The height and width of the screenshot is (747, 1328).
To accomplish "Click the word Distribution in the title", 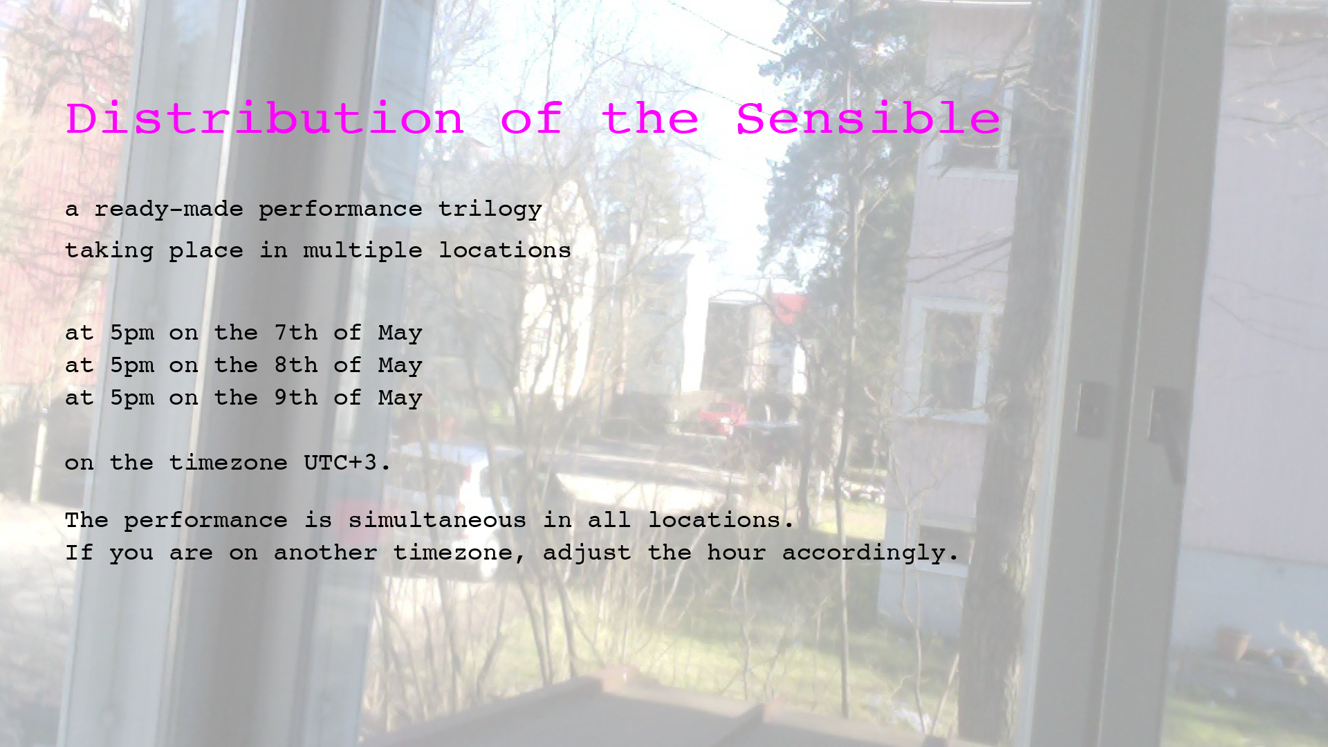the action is [x=265, y=118].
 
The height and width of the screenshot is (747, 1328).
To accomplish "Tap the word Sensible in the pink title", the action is [x=868, y=118].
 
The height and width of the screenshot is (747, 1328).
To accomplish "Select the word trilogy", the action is [x=490, y=210].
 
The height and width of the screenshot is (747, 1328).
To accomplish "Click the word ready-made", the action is [x=169, y=210].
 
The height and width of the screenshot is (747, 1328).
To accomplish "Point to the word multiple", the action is [x=362, y=250].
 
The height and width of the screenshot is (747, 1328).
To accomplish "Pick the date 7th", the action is [x=296, y=333].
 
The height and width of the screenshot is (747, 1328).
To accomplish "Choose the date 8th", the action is [x=296, y=365].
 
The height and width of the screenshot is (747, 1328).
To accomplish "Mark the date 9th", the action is [x=296, y=398].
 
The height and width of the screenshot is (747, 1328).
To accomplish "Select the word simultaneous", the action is [x=437, y=520].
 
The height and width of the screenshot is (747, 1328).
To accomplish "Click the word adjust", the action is [x=587, y=553].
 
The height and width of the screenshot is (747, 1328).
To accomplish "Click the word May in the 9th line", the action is [x=400, y=398].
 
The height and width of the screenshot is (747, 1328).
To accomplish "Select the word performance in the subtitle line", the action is [x=340, y=210].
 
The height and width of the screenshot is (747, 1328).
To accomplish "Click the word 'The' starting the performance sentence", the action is [x=86, y=520].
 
